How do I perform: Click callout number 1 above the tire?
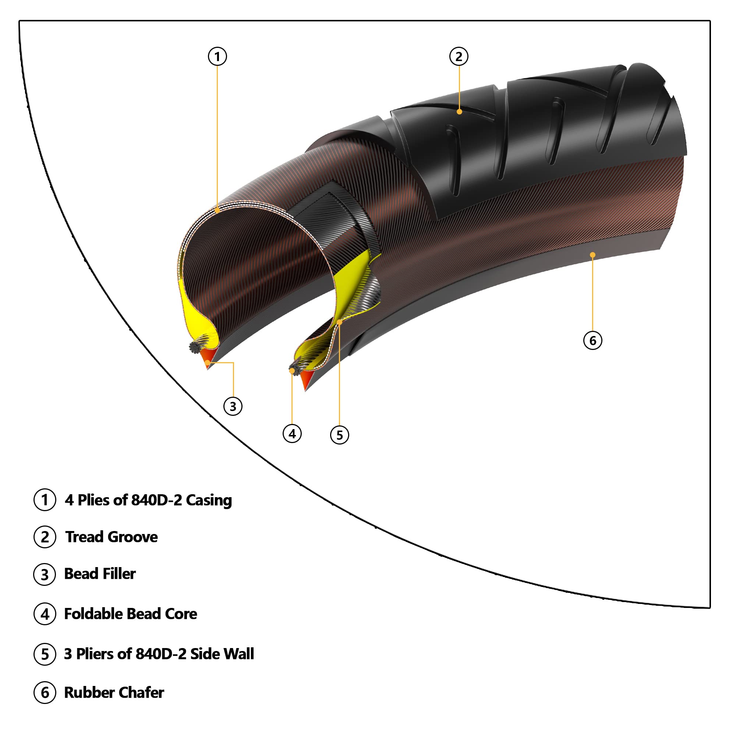217,56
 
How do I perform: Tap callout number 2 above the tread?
459,56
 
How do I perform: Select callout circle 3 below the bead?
233,406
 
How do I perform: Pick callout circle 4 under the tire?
292,434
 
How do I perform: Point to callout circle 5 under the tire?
339,435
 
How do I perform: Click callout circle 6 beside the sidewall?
593,340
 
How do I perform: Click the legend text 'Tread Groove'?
111,537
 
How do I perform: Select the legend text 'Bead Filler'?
100,574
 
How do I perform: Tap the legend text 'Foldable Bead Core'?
130,614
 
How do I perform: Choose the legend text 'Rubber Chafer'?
114,693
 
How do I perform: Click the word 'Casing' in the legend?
209,500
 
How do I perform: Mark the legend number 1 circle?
45,500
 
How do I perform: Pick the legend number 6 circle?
45,693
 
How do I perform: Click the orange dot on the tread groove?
459,112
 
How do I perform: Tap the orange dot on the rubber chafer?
592,255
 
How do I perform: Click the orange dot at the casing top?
217,210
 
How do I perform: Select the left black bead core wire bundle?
195,347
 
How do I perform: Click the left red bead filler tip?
207,362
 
